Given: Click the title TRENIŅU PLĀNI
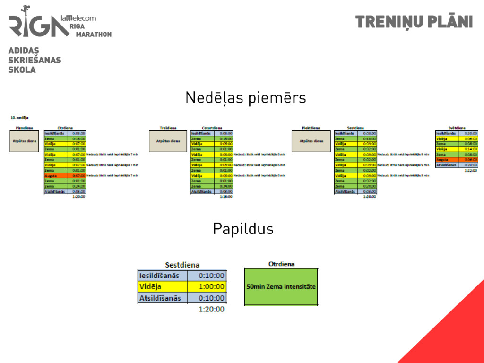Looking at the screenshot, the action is pyautogui.click(x=414, y=22).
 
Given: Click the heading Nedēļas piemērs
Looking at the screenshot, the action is pyautogui.click(x=245, y=98).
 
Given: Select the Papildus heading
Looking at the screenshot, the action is pyautogui.click(x=243, y=229).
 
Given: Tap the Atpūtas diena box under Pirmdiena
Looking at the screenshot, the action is pyautogui.click(x=24, y=141).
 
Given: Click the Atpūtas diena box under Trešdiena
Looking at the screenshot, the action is pyautogui.click(x=168, y=141).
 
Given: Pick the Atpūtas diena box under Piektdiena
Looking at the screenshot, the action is pyautogui.click(x=311, y=141).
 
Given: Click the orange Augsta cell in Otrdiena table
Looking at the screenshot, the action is pyautogui.click(x=55, y=176).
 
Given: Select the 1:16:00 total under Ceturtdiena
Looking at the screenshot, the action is pyautogui.click(x=226, y=197).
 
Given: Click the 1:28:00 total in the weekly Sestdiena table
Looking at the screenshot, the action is pyautogui.click(x=370, y=197).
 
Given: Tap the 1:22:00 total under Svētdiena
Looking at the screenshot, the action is pyautogui.click(x=471, y=170).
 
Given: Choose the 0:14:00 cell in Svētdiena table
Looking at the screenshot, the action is pyautogui.click(x=471, y=149).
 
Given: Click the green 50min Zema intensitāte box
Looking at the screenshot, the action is pyautogui.click(x=281, y=286).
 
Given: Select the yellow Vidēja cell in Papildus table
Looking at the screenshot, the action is pyautogui.click(x=162, y=286).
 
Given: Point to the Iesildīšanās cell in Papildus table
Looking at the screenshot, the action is pyautogui.click(x=162, y=275).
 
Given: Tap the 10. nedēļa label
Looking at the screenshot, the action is pyautogui.click(x=20, y=117).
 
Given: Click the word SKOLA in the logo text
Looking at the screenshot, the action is pyautogui.click(x=22, y=69).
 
